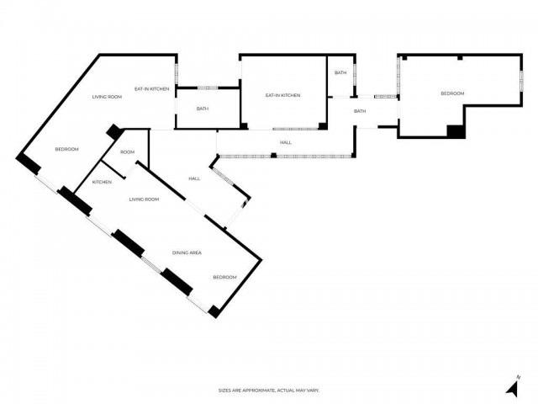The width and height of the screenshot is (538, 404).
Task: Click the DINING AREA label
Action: (x=187, y=252)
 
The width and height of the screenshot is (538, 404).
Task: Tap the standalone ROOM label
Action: (x=127, y=152)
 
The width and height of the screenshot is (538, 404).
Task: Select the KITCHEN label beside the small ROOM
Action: (x=103, y=183)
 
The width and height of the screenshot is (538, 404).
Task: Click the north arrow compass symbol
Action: (x=511, y=388)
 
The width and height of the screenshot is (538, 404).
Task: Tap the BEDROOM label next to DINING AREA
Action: (x=224, y=278)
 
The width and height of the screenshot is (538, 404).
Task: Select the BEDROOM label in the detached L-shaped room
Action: (x=452, y=93)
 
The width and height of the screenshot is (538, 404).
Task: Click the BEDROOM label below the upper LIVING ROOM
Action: (x=66, y=149)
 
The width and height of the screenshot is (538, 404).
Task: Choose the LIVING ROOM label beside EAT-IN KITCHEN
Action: (x=107, y=97)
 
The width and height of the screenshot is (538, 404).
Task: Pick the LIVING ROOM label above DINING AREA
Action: (x=144, y=199)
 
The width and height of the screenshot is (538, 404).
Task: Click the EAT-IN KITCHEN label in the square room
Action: (x=282, y=95)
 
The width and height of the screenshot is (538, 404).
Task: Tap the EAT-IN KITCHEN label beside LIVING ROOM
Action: (x=152, y=88)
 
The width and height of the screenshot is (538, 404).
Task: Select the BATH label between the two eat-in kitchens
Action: (x=203, y=109)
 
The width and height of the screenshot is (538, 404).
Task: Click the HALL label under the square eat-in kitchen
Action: (x=286, y=142)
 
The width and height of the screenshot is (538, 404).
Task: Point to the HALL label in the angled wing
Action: (x=194, y=178)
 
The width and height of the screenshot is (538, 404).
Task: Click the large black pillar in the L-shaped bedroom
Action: (x=455, y=130)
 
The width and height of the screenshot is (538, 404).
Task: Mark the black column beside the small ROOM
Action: (x=114, y=133)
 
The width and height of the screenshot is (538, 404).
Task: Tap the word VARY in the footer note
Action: (x=313, y=391)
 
